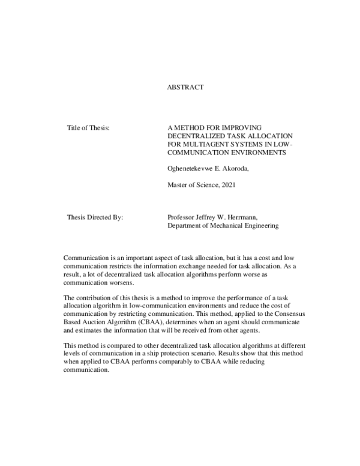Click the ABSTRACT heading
tap(185, 87)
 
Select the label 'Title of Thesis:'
tap(87, 128)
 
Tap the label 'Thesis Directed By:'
tap(95, 217)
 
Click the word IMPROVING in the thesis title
tap(236, 128)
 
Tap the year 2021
tap(226, 185)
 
